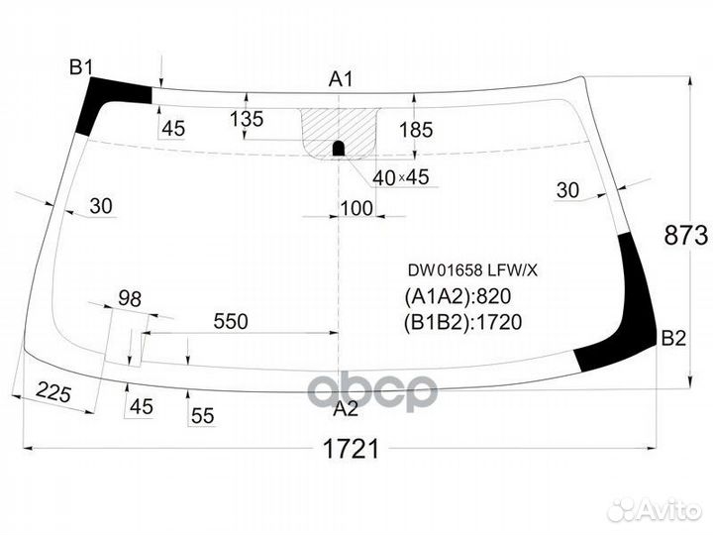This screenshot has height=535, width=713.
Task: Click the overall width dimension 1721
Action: (351, 449)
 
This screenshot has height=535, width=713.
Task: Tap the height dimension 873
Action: (686, 235)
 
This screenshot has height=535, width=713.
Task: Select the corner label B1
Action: (81, 67)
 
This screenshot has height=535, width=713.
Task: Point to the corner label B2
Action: (673, 339)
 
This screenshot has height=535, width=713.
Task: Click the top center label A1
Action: (341, 79)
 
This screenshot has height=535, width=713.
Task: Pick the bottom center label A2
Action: (346, 409)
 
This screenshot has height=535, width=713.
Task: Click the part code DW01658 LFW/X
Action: (472, 270)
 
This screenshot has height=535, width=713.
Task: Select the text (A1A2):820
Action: (458, 296)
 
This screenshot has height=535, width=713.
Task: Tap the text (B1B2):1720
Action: (462, 323)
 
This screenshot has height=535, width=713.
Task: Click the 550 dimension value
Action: (231, 321)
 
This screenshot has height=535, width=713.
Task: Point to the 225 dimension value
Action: (53, 392)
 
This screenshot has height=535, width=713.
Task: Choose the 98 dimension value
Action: (130, 299)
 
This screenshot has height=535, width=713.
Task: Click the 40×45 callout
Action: (401, 177)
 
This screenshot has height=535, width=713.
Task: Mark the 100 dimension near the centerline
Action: (356, 208)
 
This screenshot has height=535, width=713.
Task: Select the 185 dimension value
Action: (416, 130)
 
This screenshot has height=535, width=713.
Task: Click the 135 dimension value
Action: (247, 119)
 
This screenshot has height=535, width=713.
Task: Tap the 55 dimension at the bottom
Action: (202, 416)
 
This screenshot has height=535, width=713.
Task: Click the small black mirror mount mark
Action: (339, 149)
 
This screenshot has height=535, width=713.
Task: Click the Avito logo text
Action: (670, 510)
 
